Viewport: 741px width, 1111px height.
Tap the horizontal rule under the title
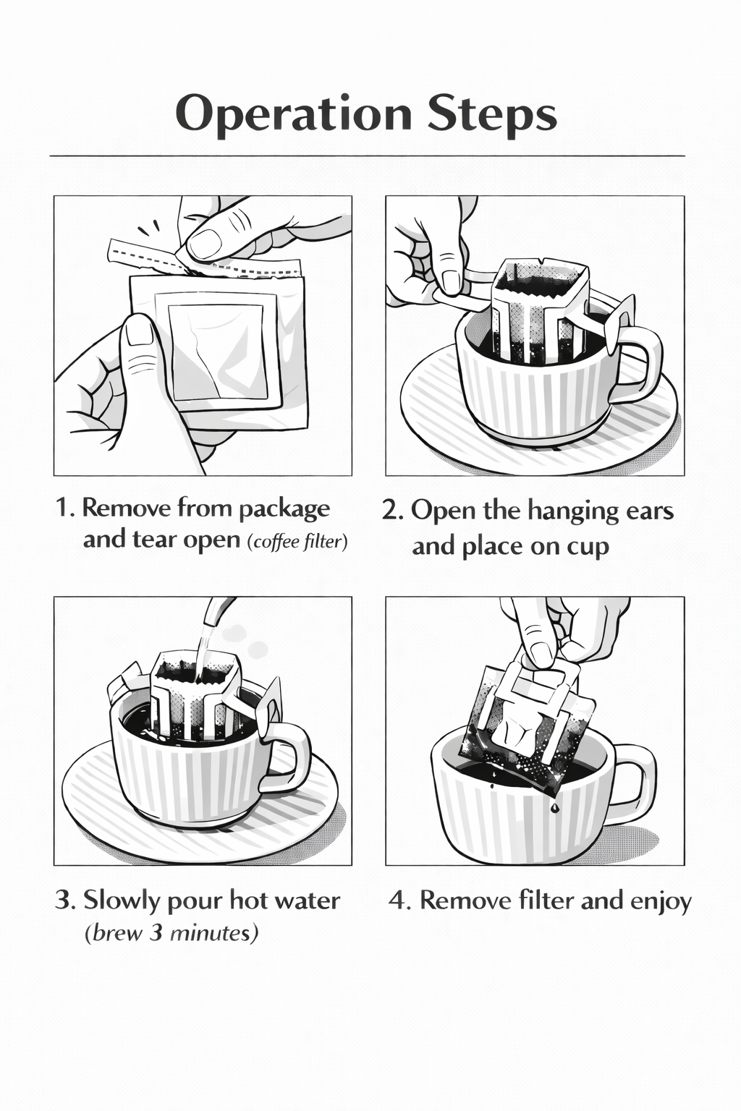pos(368,156)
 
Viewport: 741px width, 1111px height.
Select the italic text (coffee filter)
pos(297,542)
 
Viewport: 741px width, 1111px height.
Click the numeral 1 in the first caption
pos(63,508)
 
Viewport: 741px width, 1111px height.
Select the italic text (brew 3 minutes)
pos(172,934)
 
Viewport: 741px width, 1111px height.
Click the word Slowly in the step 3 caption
pos(122,901)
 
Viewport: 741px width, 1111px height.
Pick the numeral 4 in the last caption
pos(397,901)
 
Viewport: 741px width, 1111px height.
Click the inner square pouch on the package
pos(217,347)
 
